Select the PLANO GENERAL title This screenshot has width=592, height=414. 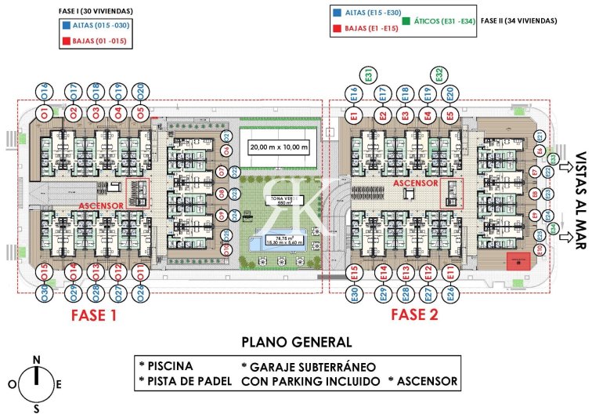tap(296, 343)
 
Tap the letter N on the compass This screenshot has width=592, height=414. tap(36, 360)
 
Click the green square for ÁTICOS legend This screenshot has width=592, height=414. tap(407, 20)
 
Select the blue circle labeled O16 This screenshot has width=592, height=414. tap(45, 90)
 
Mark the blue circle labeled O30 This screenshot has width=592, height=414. tap(45, 293)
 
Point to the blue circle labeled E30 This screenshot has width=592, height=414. tap(354, 294)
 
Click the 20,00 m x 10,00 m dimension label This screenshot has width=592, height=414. tap(280, 147)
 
